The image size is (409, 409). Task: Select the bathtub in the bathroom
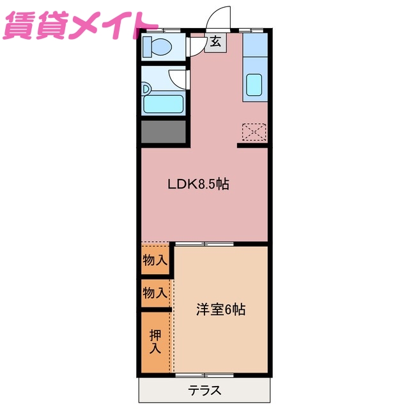(164, 104)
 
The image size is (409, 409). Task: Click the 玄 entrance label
(215, 42)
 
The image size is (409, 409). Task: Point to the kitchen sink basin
(255, 85)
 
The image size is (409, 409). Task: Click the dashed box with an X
(254, 132)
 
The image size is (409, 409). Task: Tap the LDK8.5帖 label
(198, 185)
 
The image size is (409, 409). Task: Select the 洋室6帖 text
(220, 309)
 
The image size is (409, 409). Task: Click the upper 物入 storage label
(155, 260)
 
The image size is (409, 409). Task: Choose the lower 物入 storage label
(155, 293)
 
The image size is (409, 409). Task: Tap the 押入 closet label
(155, 342)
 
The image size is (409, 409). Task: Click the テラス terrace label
(204, 390)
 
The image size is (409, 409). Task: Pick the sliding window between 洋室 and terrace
(204, 374)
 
